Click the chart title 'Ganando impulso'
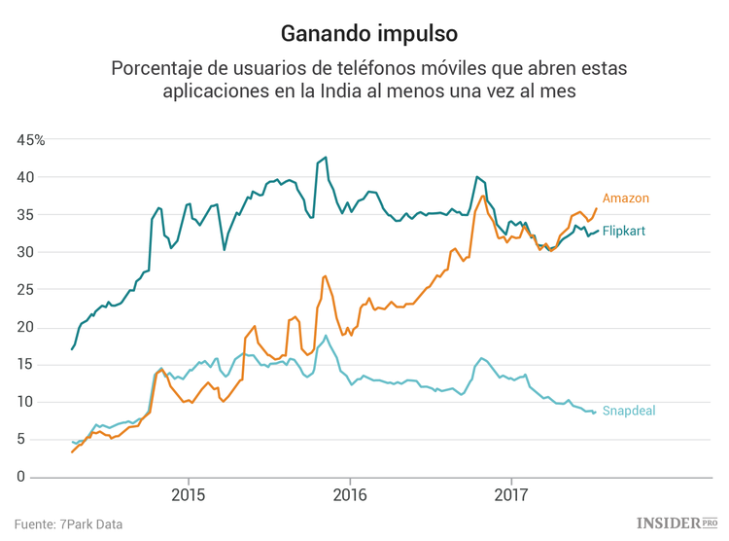(369, 33)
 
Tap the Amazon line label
(625, 198)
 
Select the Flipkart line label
(623, 232)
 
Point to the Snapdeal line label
(628, 412)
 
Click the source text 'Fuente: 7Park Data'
(68, 524)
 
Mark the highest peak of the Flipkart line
(325, 158)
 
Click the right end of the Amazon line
(597, 208)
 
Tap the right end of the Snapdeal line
(596, 413)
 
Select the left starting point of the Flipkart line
(72, 348)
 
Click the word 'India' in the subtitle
(340, 92)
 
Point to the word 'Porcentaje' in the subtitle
(156, 69)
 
